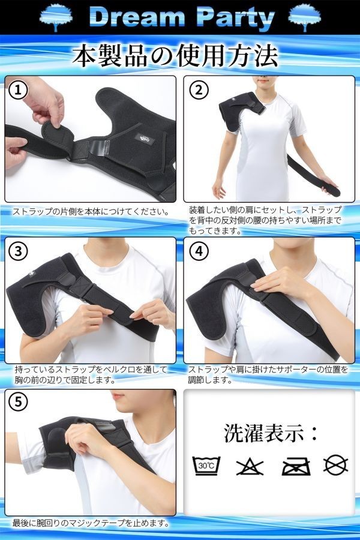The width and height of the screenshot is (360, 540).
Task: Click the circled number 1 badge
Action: (19, 90)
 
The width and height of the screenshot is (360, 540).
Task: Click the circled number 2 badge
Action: (199, 90)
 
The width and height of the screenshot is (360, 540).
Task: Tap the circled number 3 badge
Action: (19, 251)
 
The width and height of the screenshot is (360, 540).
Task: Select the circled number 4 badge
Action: (199, 251)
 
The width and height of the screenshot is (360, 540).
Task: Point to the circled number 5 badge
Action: (19, 403)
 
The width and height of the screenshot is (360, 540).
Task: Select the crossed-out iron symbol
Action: (294, 465)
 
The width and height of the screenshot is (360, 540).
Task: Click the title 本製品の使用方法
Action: (175, 56)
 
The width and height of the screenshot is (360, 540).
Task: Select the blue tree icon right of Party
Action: (304, 17)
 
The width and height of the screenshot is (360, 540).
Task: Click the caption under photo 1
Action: (91, 211)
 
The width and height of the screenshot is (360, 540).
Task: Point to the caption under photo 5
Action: (90, 523)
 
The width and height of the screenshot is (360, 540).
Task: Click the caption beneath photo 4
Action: (268, 374)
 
